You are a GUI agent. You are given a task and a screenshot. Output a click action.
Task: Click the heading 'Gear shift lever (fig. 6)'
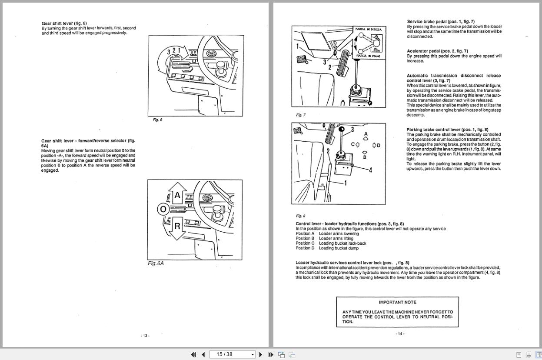(x=64, y=23)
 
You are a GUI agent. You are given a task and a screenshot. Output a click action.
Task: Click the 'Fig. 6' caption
(x=157, y=120)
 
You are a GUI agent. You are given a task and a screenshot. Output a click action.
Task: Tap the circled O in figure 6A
(x=163, y=210)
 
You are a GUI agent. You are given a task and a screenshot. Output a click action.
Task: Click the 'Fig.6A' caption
(x=156, y=263)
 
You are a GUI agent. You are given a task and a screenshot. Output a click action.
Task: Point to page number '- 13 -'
(x=145, y=336)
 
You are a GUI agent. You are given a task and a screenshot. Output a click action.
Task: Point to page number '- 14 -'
(x=400, y=334)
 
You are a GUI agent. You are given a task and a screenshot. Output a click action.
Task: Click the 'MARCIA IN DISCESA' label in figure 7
(x=369, y=30)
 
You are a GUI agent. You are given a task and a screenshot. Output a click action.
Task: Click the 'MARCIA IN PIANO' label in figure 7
(x=369, y=56)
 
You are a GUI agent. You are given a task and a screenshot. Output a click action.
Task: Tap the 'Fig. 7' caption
(x=301, y=115)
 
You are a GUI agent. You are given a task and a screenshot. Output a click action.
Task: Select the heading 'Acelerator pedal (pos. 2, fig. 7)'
(x=437, y=51)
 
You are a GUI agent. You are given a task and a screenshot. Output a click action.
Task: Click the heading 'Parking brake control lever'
(x=447, y=130)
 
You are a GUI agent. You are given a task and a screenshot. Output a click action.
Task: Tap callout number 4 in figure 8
(x=370, y=170)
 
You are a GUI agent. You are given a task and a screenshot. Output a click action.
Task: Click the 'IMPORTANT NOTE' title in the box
(x=397, y=302)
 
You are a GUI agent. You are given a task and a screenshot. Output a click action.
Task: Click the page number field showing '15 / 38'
(x=230, y=354)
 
